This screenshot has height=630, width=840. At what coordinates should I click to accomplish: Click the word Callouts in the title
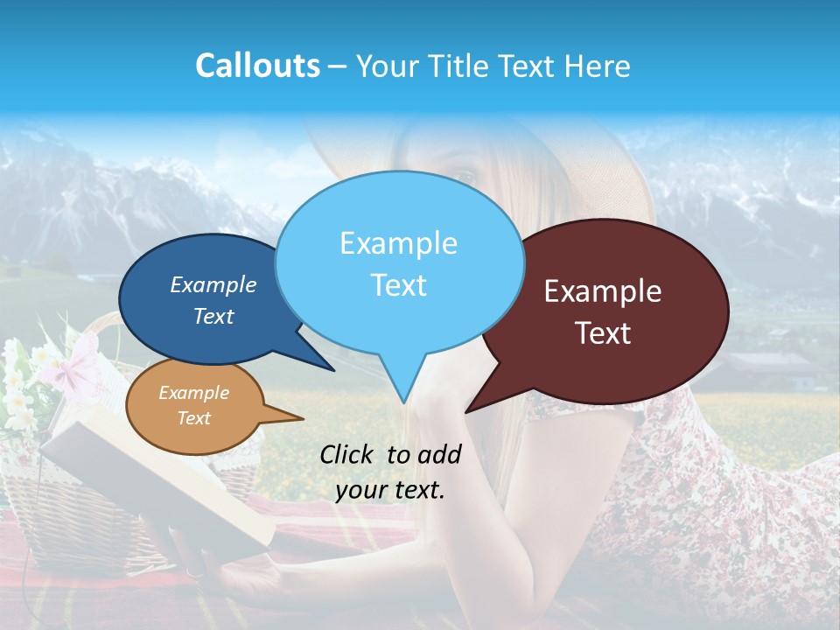(257, 66)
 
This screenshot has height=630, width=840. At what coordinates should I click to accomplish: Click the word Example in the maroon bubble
(603, 291)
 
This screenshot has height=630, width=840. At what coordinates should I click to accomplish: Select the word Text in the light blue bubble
(399, 285)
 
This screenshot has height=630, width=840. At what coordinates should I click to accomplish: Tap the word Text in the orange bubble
(194, 418)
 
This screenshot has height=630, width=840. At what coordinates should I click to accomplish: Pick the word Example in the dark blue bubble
(213, 284)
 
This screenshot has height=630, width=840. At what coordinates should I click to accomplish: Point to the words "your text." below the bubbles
(390, 490)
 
